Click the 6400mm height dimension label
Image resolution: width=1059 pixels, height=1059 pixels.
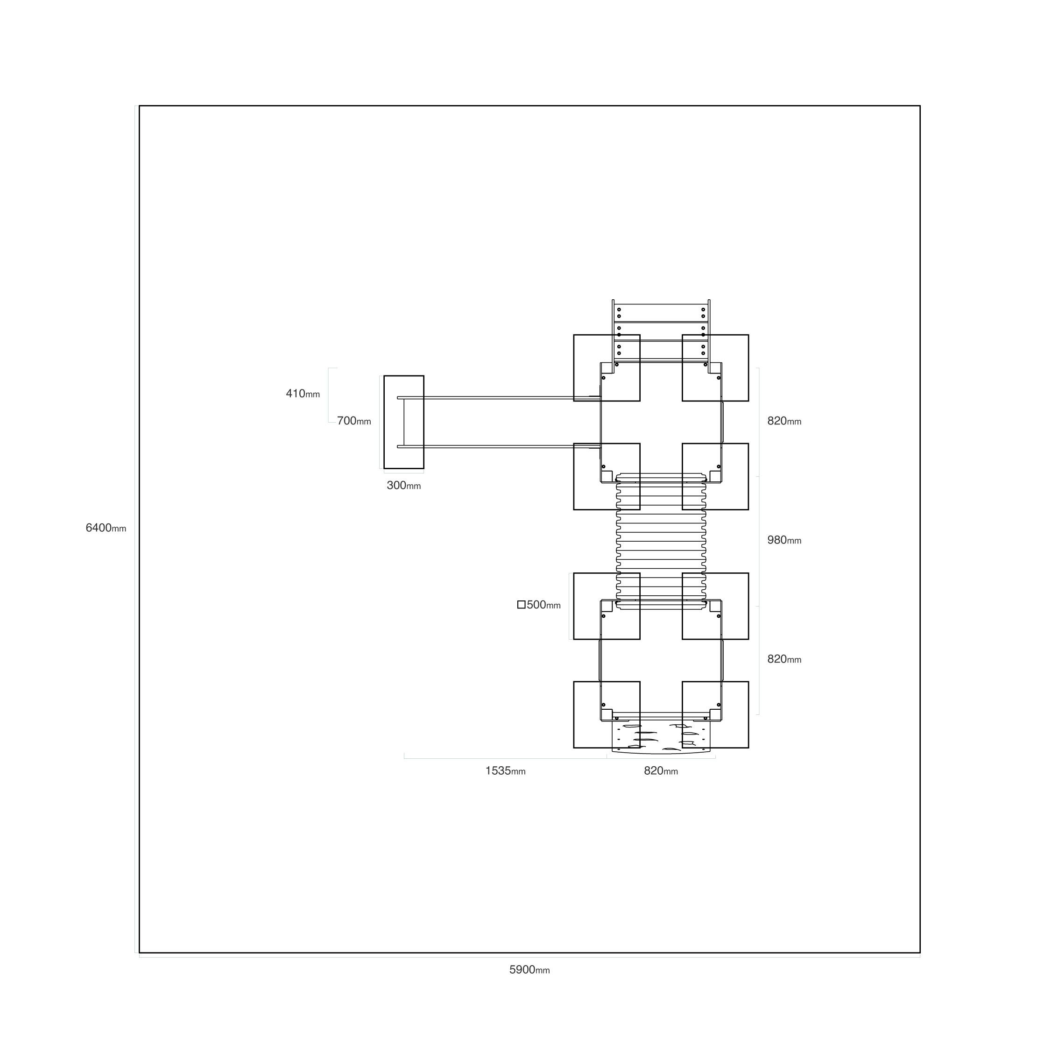point(106,528)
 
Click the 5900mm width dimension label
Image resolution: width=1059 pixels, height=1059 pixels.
point(529,970)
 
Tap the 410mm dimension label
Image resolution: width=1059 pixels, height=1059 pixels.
point(303,394)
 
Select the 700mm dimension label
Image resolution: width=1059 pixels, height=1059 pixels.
point(354,421)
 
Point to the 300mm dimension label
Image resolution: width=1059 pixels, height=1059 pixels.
point(404,485)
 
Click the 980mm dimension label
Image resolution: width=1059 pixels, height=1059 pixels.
point(784,540)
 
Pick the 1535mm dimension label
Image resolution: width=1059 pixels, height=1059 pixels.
point(505,771)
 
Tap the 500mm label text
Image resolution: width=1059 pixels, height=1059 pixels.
point(544,605)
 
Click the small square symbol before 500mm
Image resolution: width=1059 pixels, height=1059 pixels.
point(522,605)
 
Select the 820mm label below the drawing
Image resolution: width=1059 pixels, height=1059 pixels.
point(661,771)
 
